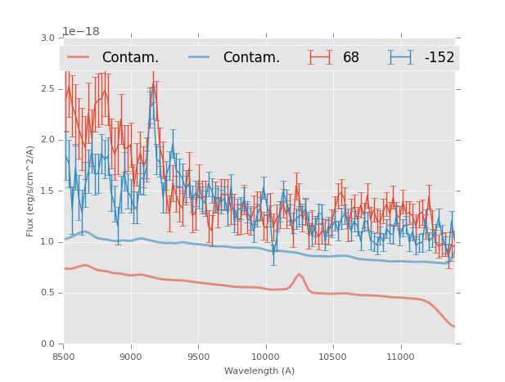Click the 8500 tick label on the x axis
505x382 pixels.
click(64, 357)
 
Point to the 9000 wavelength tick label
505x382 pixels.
click(131, 357)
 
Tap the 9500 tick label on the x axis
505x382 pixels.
click(198, 357)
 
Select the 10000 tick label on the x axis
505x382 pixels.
click(265, 357)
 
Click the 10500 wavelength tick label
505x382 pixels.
click(333, 357)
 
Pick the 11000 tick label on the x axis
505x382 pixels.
click(400, 357)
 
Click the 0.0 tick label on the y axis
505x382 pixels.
click(48, 344)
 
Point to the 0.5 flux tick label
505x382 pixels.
click(48, 293)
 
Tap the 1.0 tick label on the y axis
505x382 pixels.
click(48, 242)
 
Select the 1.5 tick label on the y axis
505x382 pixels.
click(48, 191)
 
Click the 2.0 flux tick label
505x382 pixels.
click(48, 140)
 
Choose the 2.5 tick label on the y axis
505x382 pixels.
click(48, 88)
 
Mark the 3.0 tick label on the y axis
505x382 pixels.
click(48, 38)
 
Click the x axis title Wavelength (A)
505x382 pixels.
click(259, 371)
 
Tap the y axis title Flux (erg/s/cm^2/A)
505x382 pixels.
click(30, 191)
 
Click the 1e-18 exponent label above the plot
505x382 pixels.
click(81, 31)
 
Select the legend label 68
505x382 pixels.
click(351, 57)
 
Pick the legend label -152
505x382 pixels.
click(439, 57)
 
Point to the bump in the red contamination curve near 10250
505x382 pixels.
click(300, 275)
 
